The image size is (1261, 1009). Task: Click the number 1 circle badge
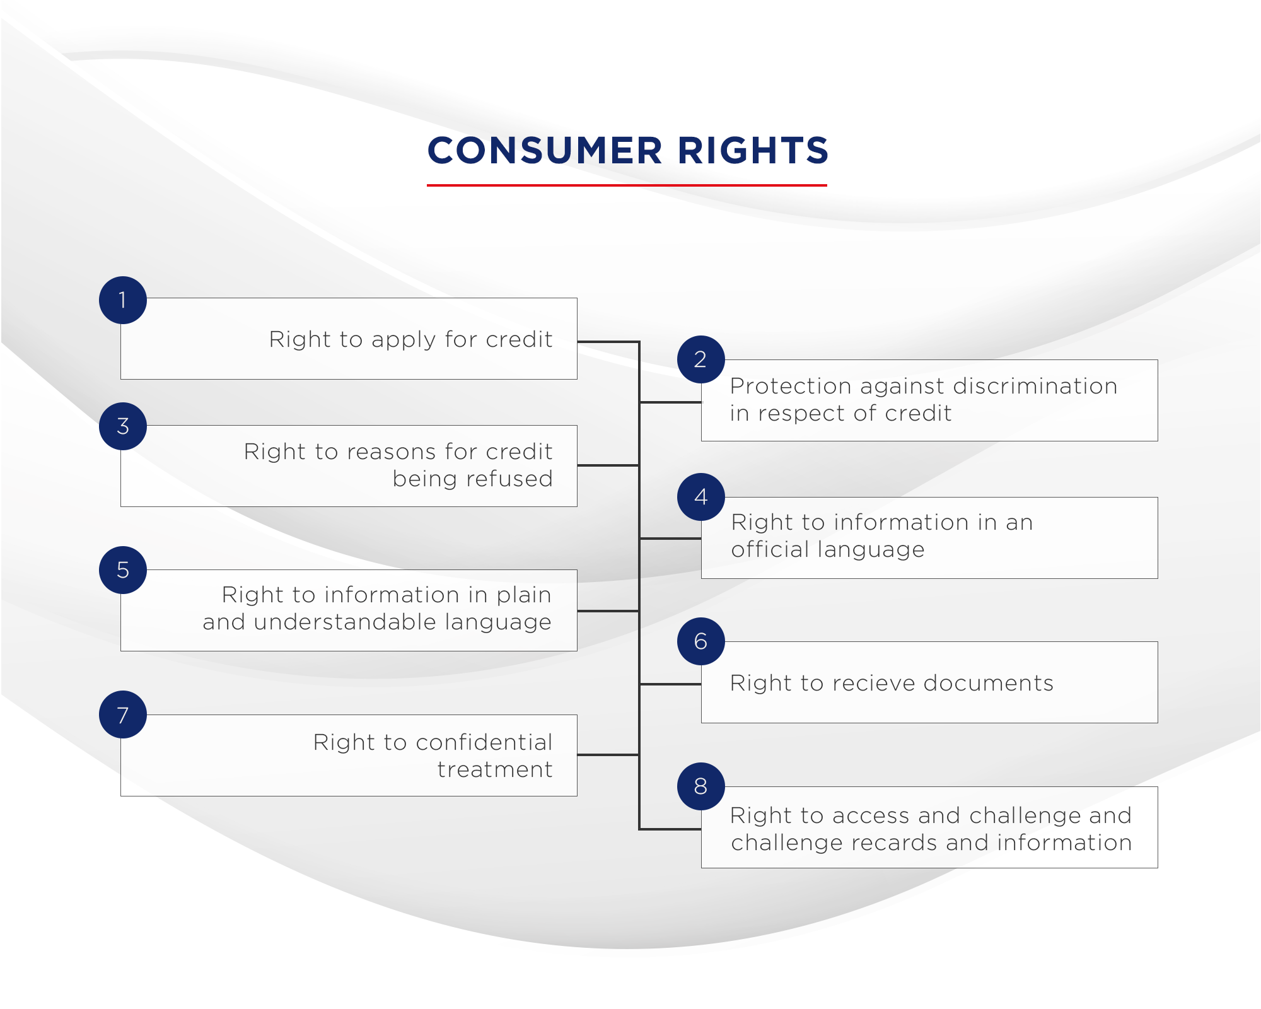pyautogui.click(x=123, y=300)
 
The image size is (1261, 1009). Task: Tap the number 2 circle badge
pyautogui.click(x=700, y=359)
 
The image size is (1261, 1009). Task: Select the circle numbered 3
pyautogui.click(x=123, y=426)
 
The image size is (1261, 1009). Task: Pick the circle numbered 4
pyautogui.click(x=700, y=497)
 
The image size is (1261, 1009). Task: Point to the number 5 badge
pyautogui.click(x=123, y=570)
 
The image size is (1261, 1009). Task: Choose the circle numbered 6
pyautogui.click(x=700, y=641)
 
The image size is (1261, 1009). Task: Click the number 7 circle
pyautogui.click(x=123, y=714)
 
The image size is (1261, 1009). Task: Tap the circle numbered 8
pyautogui.click(x=700, y=786)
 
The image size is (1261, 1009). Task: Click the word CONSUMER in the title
pyautogui.click(x=545, y=151)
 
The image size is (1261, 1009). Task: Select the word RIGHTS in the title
pyautogui.click(x=753, y=151)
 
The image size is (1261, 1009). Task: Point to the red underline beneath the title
pyautogui.click(x=627, y=185)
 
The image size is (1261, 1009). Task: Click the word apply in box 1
pyautogui.click(x=404, y=341)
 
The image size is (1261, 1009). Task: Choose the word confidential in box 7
pyautogui.click(x=480, y=742)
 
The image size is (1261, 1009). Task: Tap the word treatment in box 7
pyautogui.click(x=495, y=769)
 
